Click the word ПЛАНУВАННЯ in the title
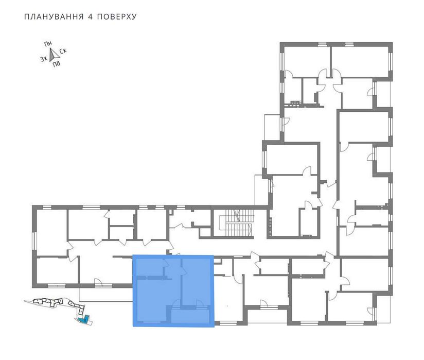coord(54,17)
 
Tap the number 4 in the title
coord(91,17)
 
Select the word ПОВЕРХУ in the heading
coord(117,17)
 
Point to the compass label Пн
coord(48,44)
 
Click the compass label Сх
coord(63,51)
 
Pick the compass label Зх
coord(44,59)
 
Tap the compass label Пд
coord(57,64)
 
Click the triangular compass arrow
coord(54,54)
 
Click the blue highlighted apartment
coord(173,291)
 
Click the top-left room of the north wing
coord(306,61)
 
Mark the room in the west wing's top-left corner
coord(51,232)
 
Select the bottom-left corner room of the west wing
coord(57,270)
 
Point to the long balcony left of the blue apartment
coord(105,295)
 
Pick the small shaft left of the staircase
coord(205,232)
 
